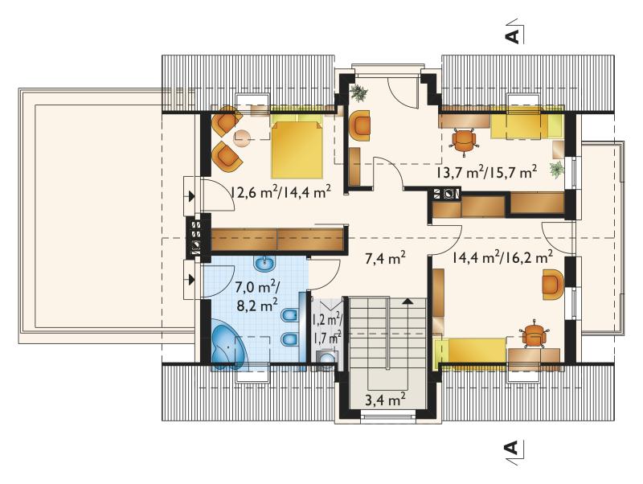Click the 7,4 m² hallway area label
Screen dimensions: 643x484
click(x=385, y=258)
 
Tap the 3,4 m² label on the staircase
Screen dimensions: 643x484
click(x=385, y=399)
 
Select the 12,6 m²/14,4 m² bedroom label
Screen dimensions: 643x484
click(x=281, y=192)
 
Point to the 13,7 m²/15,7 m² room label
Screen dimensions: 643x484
click(x=486, y=172)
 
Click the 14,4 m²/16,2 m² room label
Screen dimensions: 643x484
click(x=503, y=257)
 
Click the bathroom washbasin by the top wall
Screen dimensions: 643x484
click(x=265, y=264)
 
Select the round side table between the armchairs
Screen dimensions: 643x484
click(x=242, y=138)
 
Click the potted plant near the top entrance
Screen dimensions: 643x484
click(x=359, y=92)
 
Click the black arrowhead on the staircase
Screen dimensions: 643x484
click(x=408, y=301)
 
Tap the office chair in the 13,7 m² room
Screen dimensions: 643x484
click(x=465, y=141)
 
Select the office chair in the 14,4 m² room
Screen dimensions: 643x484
click(x=533, y=334)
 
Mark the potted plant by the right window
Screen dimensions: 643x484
click(x=556, y=170)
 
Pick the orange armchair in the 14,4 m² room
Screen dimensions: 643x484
click(x=553, y=285)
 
